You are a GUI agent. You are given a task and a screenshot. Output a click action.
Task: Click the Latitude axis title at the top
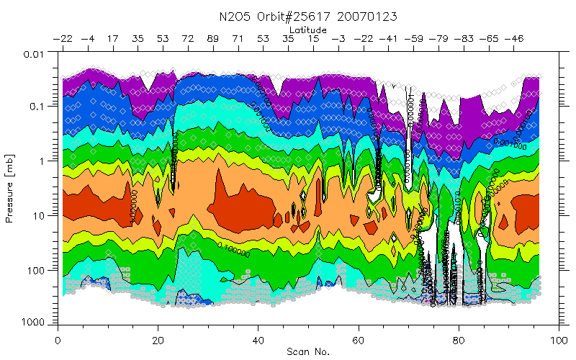tap(310, 30)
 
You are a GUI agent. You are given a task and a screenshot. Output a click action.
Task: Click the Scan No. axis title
tap(309, 351)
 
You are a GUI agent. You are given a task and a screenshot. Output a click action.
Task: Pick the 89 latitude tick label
tap(213, 39)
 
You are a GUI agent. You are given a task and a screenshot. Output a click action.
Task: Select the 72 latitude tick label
tap(188, 39)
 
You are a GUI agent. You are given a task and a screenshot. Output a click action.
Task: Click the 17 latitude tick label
tap(113, 39)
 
